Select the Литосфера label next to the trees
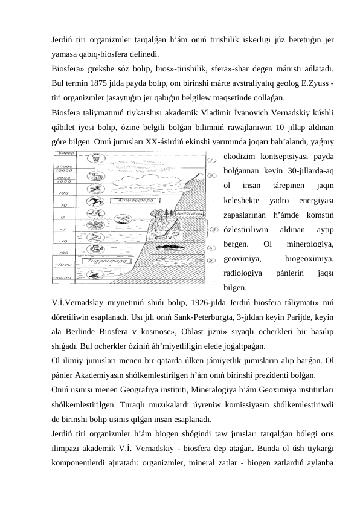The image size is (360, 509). [x=184, y=213]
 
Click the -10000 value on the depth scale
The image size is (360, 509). [x=61, y=279]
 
